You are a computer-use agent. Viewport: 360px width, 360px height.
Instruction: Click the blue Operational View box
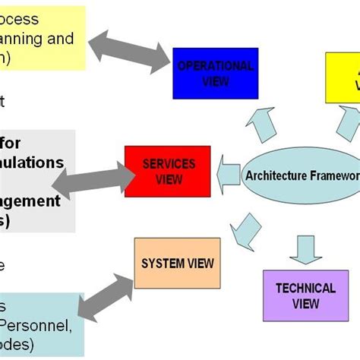point(215,73)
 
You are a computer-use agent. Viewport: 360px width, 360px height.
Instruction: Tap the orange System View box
point(178,263)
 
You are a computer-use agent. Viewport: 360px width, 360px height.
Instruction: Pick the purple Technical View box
point(305,295)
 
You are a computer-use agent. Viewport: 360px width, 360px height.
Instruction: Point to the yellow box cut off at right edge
point(343,77)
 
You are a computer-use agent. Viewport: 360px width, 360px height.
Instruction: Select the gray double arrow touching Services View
point(100,178)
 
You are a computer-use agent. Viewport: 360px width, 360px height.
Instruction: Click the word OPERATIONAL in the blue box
point(215,66)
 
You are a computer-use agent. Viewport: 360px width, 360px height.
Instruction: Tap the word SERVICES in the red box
point(169,164)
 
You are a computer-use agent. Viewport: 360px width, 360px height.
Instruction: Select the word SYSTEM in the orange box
point(162,263)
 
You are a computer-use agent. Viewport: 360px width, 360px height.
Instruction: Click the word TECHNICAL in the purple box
point(305,288)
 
